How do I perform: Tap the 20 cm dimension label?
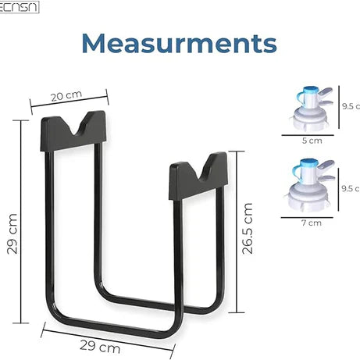[66, 95]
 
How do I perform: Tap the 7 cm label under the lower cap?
[312, 223]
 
